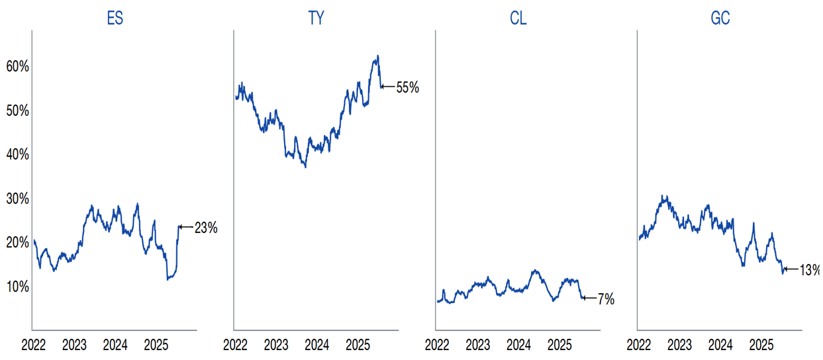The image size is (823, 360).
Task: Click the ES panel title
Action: click(x=115, y=18)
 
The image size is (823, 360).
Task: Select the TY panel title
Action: click(x=316, y=18)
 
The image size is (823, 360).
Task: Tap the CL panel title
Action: click(x=518, y=18)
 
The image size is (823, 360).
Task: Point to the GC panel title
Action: click(x=720, y=18)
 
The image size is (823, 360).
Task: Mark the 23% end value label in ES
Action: click(x=206, y=228)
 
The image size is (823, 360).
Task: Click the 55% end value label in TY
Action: click(x=407, y=87)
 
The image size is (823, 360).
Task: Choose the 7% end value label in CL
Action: click(x=606, y=299)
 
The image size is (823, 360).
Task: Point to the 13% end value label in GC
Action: click(x=810, y=269)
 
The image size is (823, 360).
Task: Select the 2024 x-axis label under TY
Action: click(x=316, y=345)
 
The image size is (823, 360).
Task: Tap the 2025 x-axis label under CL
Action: click(x=559, y=345)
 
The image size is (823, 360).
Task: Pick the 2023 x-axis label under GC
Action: click(x=679, y=345)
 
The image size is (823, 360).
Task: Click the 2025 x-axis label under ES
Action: click(x=156, y=345)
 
